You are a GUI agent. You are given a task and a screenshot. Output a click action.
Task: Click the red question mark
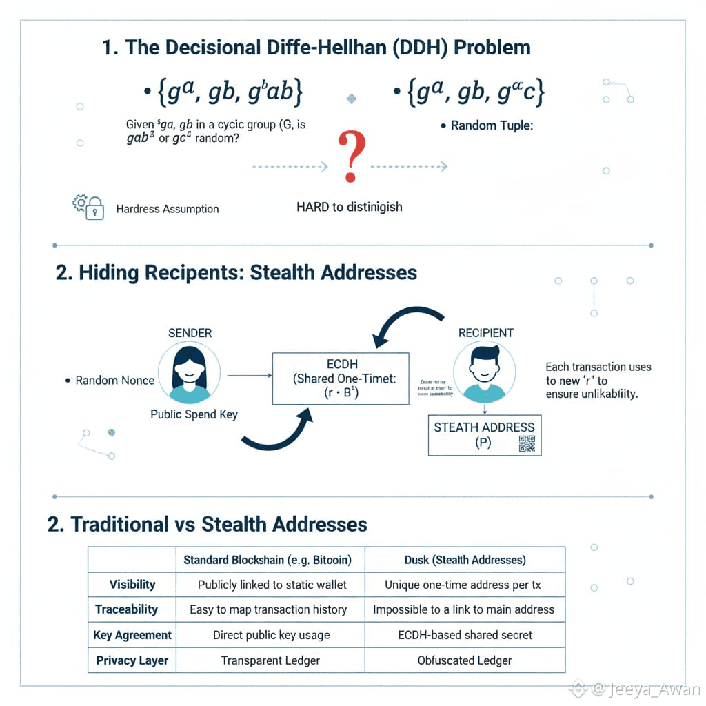351,158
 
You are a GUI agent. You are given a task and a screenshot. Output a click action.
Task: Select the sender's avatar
189,374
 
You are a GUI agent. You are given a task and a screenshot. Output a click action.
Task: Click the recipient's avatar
484,374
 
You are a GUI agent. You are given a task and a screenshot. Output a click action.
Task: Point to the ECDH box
341,379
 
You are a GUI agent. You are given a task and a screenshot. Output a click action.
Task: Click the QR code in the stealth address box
527,443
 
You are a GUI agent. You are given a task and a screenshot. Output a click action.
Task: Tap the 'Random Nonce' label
114,381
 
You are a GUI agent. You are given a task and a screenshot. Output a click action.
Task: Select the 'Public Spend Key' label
194,414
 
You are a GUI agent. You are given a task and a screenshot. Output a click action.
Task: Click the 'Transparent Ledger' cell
270,660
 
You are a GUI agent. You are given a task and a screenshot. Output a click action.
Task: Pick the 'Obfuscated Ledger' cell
465,660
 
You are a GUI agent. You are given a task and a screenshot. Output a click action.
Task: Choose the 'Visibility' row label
132,585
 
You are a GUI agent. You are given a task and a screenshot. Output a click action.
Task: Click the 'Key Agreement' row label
132,635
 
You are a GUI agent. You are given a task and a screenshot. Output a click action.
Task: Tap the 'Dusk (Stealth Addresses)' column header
465,560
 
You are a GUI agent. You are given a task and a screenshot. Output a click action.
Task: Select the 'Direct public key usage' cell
271,635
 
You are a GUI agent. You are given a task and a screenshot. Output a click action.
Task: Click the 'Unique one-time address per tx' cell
463,585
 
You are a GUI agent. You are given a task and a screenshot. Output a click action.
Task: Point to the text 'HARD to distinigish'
349,207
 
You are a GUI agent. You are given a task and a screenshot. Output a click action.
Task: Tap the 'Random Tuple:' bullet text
492,126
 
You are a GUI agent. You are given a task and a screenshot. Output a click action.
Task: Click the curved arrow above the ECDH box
406,322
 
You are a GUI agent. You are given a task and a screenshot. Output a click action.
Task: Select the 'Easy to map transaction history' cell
268,609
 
